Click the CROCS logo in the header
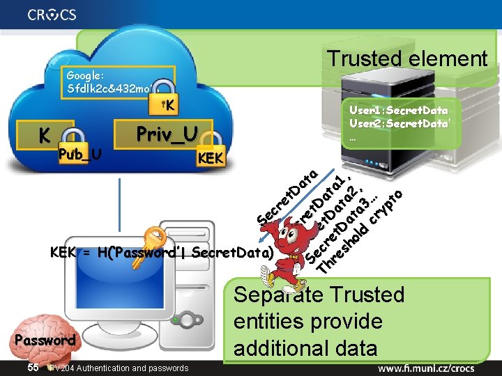[52, 15]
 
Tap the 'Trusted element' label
[408, 58]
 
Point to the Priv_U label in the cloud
[167, 132]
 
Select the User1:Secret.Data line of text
[398, 110]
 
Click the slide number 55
[33, 367]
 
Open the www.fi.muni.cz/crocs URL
[436, 366]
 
